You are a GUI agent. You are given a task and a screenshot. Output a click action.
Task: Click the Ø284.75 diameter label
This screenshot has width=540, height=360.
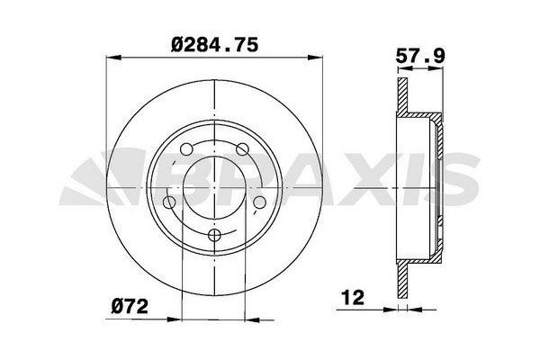(214, 45)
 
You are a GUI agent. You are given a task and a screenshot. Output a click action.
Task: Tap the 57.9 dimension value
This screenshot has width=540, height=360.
(420, 56)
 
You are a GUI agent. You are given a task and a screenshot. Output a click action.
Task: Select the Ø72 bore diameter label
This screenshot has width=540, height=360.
(130, 306)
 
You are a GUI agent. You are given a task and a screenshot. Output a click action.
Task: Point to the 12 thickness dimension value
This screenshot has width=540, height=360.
(353, 298)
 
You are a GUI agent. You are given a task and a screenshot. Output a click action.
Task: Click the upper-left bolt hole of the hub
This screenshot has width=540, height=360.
(186, 149)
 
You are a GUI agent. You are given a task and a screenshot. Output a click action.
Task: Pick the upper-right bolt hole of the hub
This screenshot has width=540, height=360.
(242, 149)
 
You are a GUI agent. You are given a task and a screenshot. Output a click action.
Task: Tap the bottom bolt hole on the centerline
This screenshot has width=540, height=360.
(214, 235)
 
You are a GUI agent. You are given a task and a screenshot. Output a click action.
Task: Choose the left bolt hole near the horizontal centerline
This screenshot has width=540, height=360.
(169, 202)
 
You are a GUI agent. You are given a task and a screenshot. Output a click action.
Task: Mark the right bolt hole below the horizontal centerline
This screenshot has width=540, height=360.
(260, 202)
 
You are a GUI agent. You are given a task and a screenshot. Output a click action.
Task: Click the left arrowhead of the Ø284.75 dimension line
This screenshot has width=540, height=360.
(114, 58)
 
